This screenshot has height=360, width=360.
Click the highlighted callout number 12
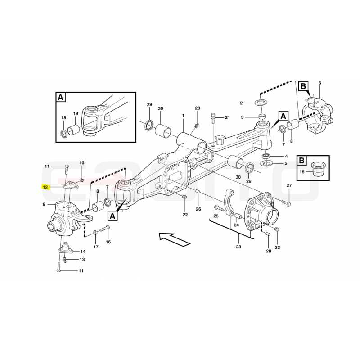45,187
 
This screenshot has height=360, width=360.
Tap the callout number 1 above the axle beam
183,116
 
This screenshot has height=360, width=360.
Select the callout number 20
198,108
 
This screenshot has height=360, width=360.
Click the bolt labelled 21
213,118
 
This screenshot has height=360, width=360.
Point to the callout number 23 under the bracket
238,247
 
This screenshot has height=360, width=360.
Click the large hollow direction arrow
175,239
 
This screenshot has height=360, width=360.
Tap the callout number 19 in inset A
76,113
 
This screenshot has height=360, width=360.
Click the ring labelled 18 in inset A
63,133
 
